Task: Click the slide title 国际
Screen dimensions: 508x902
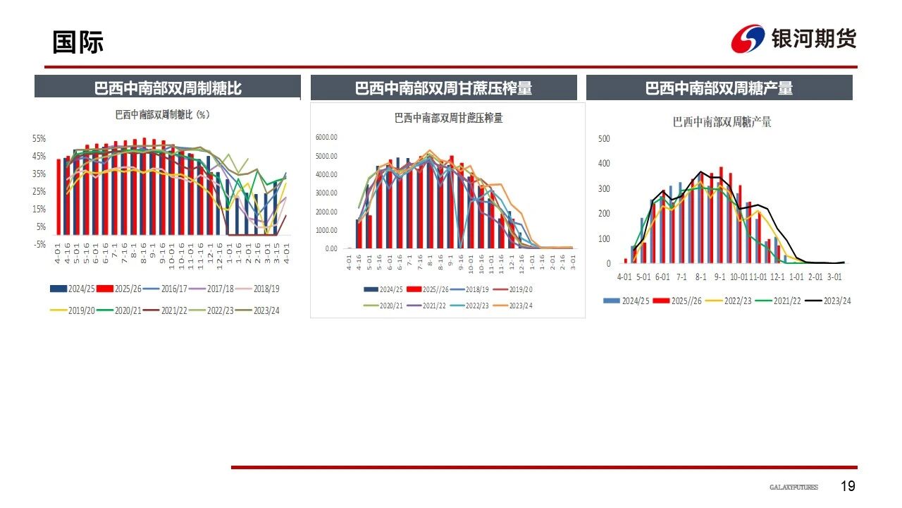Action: point(78,42)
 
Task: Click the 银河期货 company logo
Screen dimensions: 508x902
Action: point(793,39)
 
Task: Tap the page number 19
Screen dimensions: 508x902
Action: point(848,486)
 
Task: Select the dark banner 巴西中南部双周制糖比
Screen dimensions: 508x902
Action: point(168,88)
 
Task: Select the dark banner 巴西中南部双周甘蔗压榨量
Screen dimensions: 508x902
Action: point(443,88)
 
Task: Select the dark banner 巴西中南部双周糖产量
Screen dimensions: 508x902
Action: point(719,88)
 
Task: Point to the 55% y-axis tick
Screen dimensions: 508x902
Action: point(39,138)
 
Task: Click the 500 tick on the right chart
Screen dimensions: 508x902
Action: point(603,138)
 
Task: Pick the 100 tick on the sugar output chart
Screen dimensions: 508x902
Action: point(603,238)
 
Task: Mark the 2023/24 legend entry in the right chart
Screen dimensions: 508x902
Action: point(831,301)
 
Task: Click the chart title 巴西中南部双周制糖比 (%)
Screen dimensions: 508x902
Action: point(163,114)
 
